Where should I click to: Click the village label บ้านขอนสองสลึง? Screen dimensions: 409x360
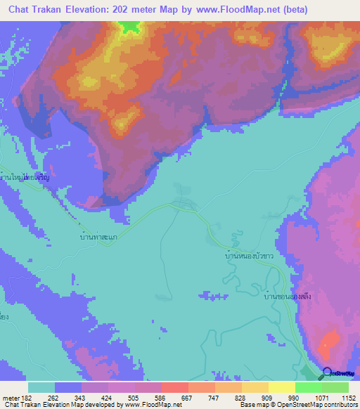click(x=287, y=297)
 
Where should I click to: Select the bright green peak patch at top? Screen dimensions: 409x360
click(x=129, y=26)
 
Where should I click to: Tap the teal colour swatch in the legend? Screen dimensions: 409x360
click(x=41, y=387)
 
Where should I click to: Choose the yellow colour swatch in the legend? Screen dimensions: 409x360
click(x=282, y=387)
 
